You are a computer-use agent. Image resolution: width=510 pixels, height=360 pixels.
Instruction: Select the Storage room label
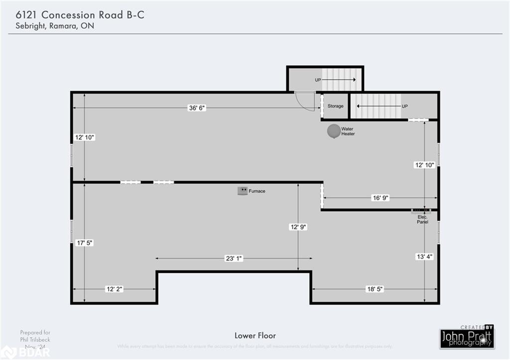(335, 106)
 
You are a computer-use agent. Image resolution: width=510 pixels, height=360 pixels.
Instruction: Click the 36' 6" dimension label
(196, 108)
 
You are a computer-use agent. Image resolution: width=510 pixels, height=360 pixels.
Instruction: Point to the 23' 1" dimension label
(234, 258)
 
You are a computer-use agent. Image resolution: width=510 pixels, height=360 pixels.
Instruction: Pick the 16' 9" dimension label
(380, 198)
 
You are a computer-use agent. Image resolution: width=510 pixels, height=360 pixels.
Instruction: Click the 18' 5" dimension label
(375, 289)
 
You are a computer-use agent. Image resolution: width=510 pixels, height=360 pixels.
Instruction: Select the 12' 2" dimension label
(114, 289)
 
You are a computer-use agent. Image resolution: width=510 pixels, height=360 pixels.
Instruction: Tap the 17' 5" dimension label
(84, 242)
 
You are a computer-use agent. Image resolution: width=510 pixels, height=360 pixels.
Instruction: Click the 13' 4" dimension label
(425, 257)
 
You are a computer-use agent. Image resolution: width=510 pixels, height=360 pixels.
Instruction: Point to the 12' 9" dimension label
(298, 227)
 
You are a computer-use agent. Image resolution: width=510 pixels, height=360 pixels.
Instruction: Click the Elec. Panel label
(422, 220)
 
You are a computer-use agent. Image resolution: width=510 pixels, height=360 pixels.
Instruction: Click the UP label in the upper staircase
(318, 80)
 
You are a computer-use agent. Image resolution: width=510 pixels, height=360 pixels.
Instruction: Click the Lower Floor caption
(255, 336)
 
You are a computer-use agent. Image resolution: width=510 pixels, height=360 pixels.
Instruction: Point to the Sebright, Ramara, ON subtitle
(51, 26)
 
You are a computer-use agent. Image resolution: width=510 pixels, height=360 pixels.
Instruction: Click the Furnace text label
(257, 191)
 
